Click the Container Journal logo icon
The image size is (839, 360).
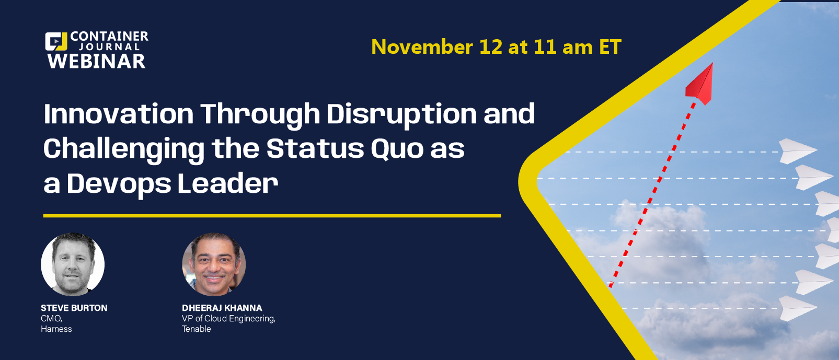[56, 42]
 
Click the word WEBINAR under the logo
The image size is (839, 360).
[96, 61]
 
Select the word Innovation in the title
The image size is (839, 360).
[118, 114]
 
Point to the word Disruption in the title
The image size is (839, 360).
[401, 115]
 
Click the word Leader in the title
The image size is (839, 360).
[228, 184]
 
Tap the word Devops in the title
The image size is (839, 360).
[119, 185]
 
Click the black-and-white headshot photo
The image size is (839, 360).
[73, 264]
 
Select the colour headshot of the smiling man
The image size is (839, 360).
[214, 264]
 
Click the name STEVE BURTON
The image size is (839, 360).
[74, 308]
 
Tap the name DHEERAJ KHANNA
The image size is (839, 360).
[222, 308]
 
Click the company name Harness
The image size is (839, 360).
[56, 329]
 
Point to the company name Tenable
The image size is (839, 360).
[196, 329]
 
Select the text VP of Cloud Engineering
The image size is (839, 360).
[228, 319]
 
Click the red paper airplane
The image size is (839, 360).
[699, 85]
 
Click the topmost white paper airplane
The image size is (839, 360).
[798, 151]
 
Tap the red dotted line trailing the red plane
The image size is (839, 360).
[652, 194]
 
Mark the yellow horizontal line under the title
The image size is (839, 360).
[272, 216]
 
